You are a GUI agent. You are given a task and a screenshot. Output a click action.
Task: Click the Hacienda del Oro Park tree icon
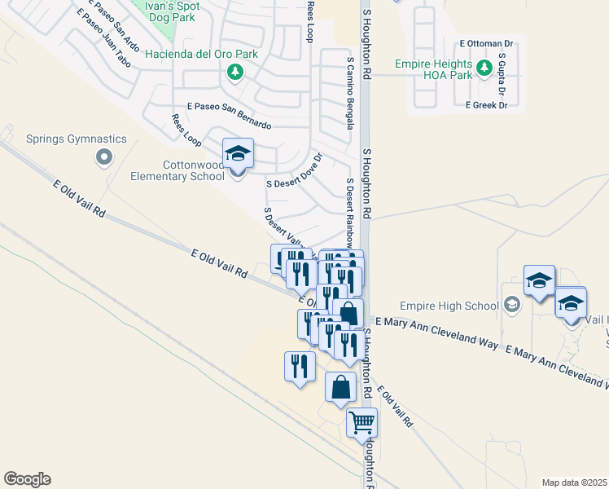(x=235, y=73)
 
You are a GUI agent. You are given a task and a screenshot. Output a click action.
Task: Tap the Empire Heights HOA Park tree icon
(x=484, y=67)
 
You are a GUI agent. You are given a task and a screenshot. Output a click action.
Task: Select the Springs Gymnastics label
(x=77, y=139)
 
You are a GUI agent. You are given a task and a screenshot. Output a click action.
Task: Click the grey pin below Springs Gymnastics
(x=103, y=156)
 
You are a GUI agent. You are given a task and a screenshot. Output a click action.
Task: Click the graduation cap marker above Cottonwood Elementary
(x=238, y=153)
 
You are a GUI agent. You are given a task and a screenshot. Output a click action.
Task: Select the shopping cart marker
(x=361, y=423)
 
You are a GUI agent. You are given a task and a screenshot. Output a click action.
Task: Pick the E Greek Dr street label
(x=486, y=104)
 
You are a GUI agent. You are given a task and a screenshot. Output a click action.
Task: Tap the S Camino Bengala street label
(x=350, y=92)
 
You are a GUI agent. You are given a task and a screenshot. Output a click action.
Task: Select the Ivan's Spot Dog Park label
(x=171, y=10)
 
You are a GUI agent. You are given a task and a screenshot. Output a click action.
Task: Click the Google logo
(x=27, y=479)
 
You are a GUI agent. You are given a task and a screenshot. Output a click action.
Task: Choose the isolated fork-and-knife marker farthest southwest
(x=299, y=365)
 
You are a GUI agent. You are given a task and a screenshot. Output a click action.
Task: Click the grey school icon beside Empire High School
(x=511, y=306)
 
